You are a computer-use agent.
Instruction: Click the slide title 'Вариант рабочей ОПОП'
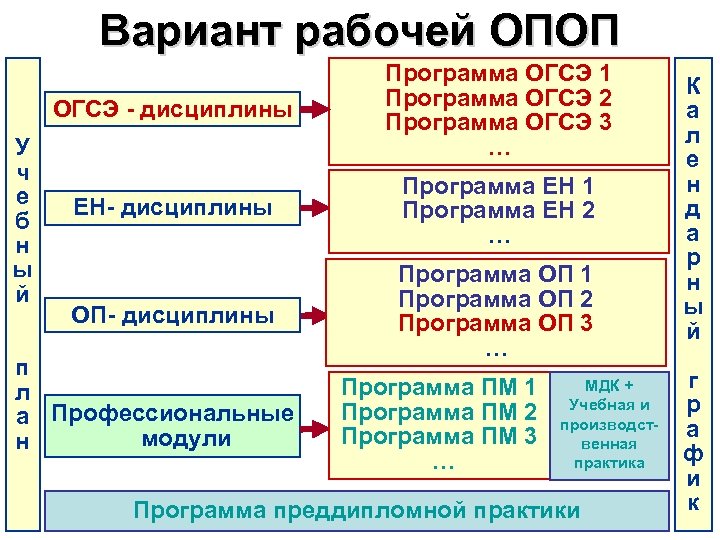[359, 28]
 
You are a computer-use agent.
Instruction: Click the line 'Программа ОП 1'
[497, 273]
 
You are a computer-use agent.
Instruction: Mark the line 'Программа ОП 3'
[497, 324]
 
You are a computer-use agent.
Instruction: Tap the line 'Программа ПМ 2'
[440, 411]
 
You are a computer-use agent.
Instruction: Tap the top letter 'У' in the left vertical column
[21, 145]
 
